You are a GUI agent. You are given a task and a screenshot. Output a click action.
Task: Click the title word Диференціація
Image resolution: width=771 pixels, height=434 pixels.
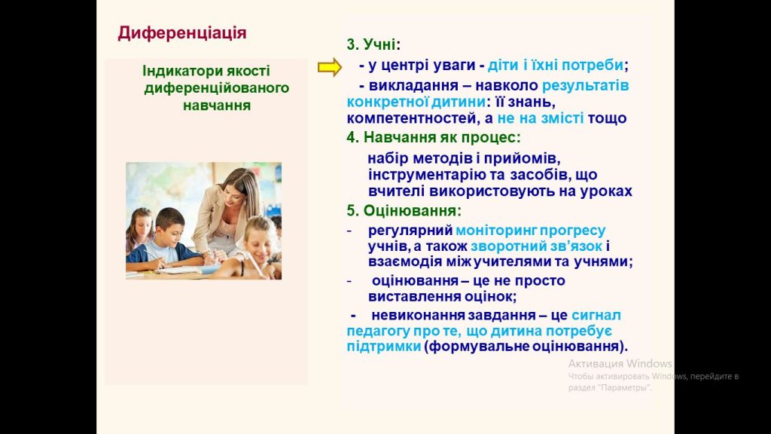(182, 33)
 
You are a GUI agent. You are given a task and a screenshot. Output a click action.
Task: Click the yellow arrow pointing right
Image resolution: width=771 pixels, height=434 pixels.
(330, 67)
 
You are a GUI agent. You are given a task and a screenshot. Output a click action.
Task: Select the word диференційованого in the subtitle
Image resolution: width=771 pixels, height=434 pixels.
(216, 88)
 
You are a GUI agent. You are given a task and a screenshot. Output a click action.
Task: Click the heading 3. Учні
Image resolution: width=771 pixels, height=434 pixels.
(373, 44)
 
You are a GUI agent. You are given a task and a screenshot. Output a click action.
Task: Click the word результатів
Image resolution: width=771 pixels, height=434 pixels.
(585, 86)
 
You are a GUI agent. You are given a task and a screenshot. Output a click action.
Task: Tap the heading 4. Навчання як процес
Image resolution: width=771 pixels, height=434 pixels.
(433, 137)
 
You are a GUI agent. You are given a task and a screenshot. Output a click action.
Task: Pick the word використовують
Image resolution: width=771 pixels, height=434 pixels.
(492, 191)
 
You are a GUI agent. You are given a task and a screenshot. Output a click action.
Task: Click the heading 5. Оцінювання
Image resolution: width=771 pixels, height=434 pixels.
(404, 211)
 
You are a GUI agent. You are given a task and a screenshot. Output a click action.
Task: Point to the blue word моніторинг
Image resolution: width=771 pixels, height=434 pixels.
(495, 231)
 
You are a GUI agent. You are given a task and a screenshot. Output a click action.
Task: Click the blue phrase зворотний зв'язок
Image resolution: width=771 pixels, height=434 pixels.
(536, 246)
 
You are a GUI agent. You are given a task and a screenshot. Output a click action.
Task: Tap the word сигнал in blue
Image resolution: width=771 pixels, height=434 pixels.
(596, 315)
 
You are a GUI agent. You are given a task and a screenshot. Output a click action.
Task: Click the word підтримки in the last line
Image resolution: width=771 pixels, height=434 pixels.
(383, 347)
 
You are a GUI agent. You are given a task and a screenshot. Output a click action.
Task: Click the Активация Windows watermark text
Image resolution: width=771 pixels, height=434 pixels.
(620, 364)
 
